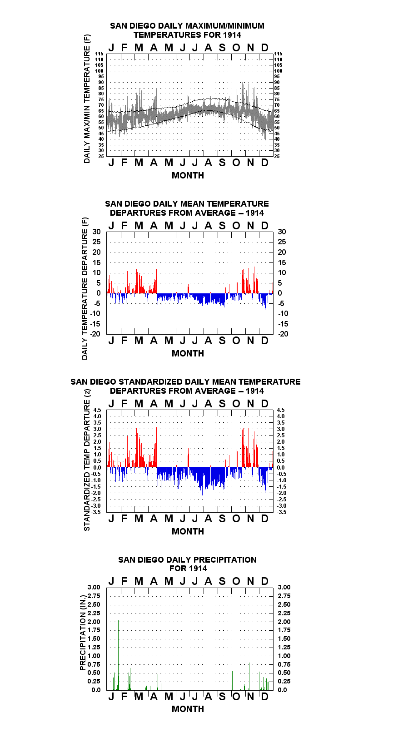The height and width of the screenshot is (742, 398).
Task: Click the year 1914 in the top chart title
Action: pos(232,35)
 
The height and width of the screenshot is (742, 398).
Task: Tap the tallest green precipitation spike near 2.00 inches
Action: pos(118,655)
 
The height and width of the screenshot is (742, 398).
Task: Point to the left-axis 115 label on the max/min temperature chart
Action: pos(99,54)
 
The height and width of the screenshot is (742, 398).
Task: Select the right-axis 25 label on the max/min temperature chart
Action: pos(277,156)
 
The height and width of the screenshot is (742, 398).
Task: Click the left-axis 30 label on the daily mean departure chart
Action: pos(96,232)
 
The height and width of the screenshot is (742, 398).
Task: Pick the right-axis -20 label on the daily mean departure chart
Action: pos(284,334)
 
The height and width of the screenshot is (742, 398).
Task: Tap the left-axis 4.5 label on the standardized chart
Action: pos(97,410)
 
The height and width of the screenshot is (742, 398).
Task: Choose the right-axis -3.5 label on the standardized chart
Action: pos(282,512)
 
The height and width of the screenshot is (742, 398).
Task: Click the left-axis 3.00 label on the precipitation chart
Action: pos(94,587)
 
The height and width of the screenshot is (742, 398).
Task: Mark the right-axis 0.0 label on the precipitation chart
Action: pos(282,690)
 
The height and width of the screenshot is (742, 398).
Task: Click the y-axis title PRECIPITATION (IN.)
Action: pos(83,633)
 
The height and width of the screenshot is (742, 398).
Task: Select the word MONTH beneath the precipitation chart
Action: pos(188,709)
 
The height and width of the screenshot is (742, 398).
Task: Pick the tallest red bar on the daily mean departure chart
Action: pos(137,278)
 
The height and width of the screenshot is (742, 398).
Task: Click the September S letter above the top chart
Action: pos(222,48)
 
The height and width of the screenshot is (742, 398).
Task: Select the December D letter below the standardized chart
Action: pos(264,519)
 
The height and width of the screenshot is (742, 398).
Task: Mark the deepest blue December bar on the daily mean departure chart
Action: pos(265,302)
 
